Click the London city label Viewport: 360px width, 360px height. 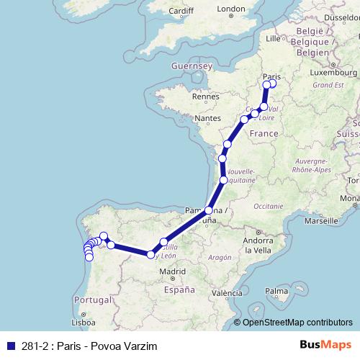(231, 9)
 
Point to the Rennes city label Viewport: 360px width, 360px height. (205, 96)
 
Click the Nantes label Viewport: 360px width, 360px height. (207, 117)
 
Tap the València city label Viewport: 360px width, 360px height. (227, 293)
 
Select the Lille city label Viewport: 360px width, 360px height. (273, 38)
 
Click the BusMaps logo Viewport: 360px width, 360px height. (325, 346)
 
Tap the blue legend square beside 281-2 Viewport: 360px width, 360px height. (9, 346)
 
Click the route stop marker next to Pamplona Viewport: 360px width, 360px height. (209, 211)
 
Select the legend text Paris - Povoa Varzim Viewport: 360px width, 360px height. (105, 346)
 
